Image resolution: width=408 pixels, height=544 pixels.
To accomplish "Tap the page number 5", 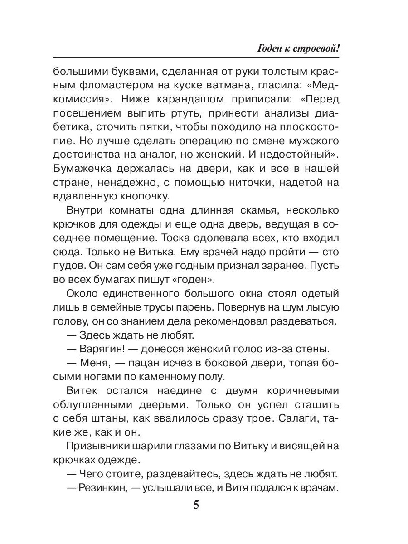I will (196, 505).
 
